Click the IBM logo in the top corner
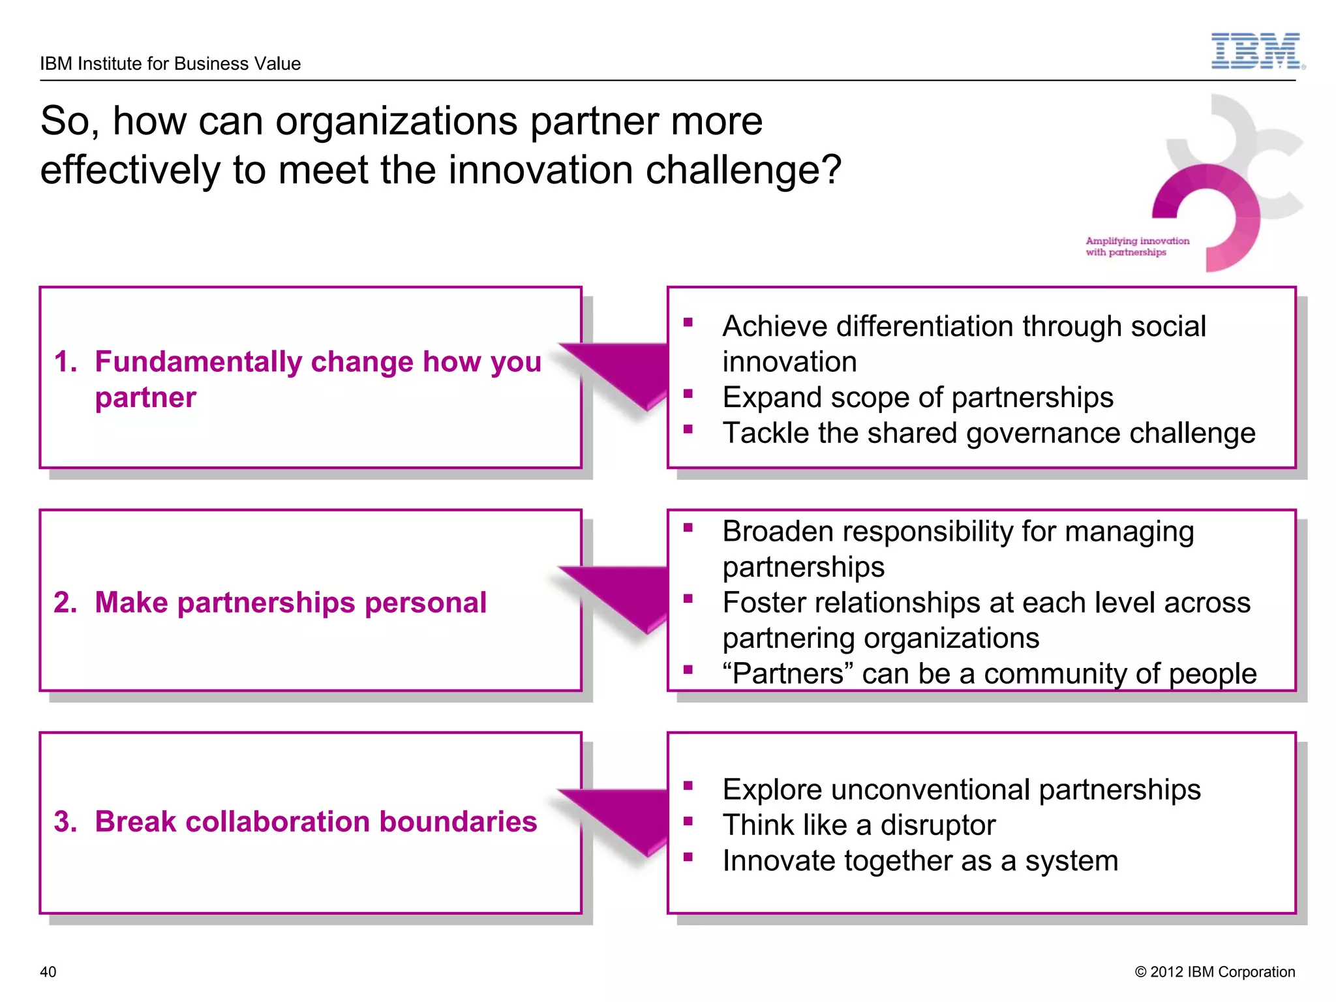(1256, 51)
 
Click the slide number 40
(48, 972)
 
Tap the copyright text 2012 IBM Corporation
(1215, 972)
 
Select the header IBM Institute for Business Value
(170, 64)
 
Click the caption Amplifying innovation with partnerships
(1137, 247)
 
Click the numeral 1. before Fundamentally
(65, 362)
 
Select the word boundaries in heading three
(458, 822)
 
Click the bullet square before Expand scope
(688, 393)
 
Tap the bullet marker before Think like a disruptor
(688, 821)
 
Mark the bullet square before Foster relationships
(688, 598)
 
